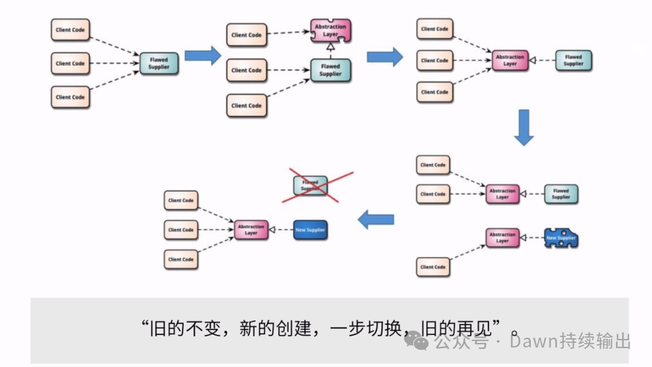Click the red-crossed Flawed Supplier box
(x=310, y=185)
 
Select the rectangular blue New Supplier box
(x=310, y=230)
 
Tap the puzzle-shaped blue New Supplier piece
(x=561, y=238)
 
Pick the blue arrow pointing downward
(x=524, y=128)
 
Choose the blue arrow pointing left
(x=376, y=220)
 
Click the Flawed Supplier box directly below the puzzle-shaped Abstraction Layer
(x=331, y=70)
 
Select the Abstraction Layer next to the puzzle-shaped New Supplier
(x=503, y=238)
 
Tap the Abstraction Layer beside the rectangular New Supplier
(x=251, y=230)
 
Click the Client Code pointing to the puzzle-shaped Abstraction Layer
(x=246, y=35)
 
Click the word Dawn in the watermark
(x=531, y=342)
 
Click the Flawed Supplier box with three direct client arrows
(x=159, y=63)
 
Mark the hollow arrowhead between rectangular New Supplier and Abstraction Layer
(x=273, y=230)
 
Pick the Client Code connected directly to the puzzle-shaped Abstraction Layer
(x=246, y=35)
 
